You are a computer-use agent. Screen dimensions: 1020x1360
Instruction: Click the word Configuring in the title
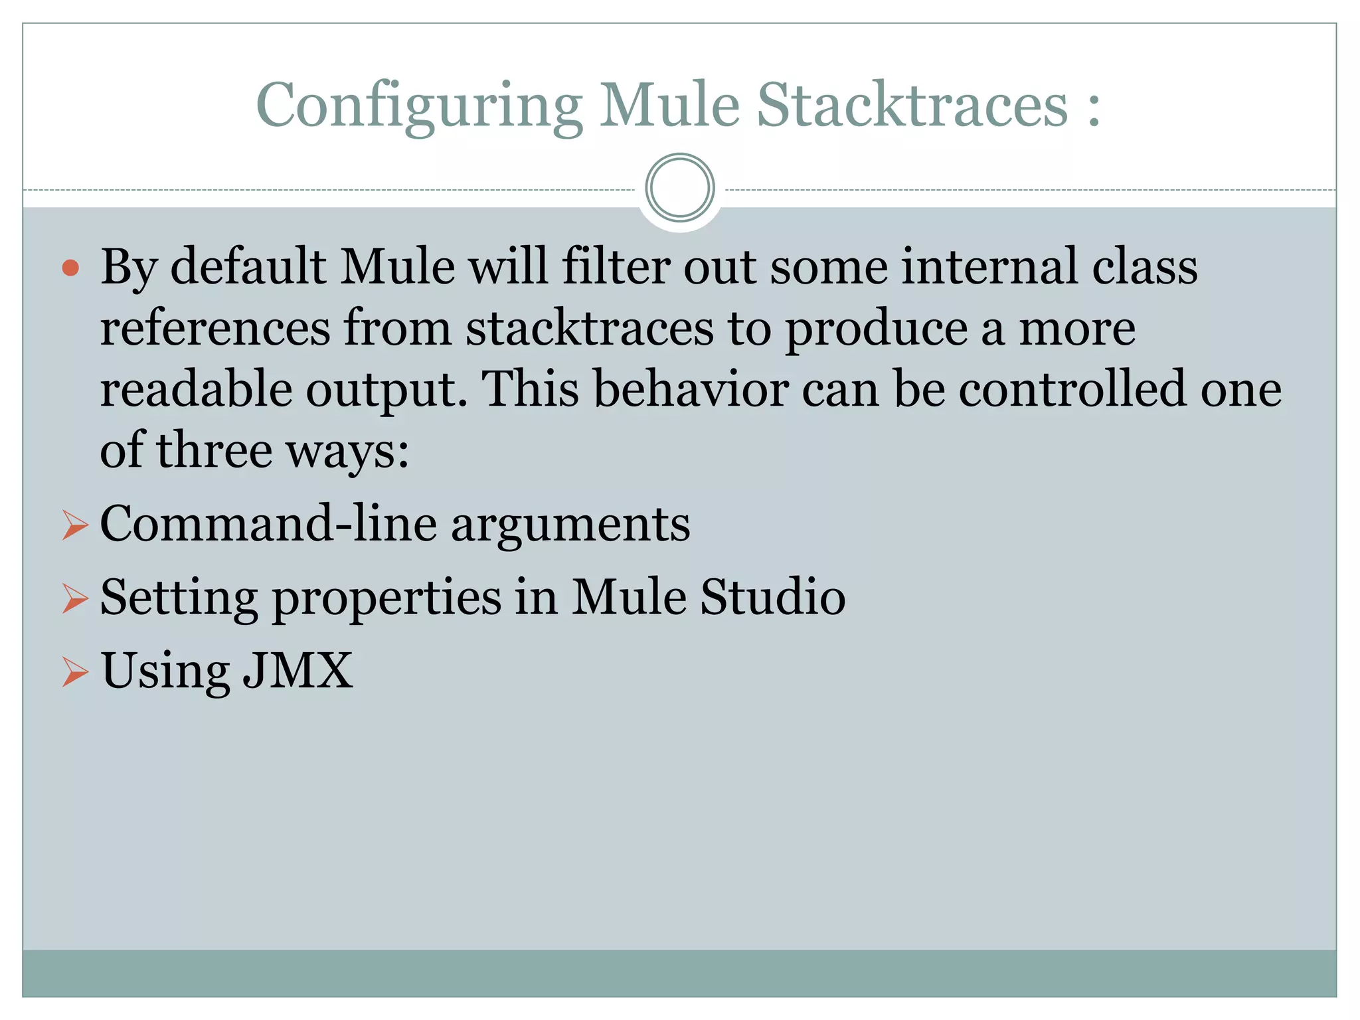click(x=419, y=106)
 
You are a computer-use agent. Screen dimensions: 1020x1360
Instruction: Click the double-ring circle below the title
click(x=679, y=188)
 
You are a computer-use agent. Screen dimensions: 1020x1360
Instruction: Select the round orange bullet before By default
click(x=70, y=268)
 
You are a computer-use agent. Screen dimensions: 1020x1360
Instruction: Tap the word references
click(x=215, y=328)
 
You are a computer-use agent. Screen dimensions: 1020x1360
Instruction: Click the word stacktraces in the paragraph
click(x=589, y=328)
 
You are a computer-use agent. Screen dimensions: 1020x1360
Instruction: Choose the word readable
click(x=196, y=389)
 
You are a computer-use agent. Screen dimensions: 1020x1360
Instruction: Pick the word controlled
click(x=1072, y=389)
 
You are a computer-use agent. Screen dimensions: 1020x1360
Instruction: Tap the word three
click(x=214, y=450)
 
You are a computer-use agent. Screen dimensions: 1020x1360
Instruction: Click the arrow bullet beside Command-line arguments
click(x=74, y=525)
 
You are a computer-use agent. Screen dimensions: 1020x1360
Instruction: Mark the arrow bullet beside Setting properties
click(x=74, y=598)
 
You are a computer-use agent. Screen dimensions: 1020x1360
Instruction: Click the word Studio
click(x=773, y=597)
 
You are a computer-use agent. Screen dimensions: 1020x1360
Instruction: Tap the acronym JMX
click(x=297, y=671)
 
